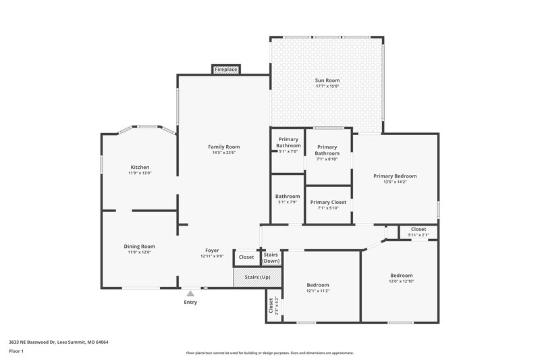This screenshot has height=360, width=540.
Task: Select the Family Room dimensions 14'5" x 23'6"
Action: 223,152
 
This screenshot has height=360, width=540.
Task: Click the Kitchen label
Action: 140,167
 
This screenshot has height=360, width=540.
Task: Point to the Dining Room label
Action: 139,247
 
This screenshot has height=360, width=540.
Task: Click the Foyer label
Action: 212,251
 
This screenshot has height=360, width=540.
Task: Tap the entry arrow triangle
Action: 190,293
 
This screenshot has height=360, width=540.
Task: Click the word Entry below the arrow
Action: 190,302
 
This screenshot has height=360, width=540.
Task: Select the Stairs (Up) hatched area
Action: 257,277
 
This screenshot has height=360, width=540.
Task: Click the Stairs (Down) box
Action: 271,257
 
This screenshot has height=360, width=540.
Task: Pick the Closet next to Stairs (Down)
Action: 246,257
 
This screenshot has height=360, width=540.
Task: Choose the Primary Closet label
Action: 328,202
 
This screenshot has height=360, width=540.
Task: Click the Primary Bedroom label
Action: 395,176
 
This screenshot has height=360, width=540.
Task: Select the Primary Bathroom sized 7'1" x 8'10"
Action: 327,150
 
